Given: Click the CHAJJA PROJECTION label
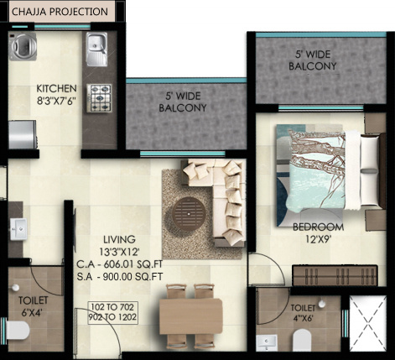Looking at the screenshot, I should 60,13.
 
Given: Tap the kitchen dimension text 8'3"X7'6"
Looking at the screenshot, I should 57,102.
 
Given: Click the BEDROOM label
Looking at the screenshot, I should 318,227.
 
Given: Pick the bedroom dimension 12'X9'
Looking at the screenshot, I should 318,239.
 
